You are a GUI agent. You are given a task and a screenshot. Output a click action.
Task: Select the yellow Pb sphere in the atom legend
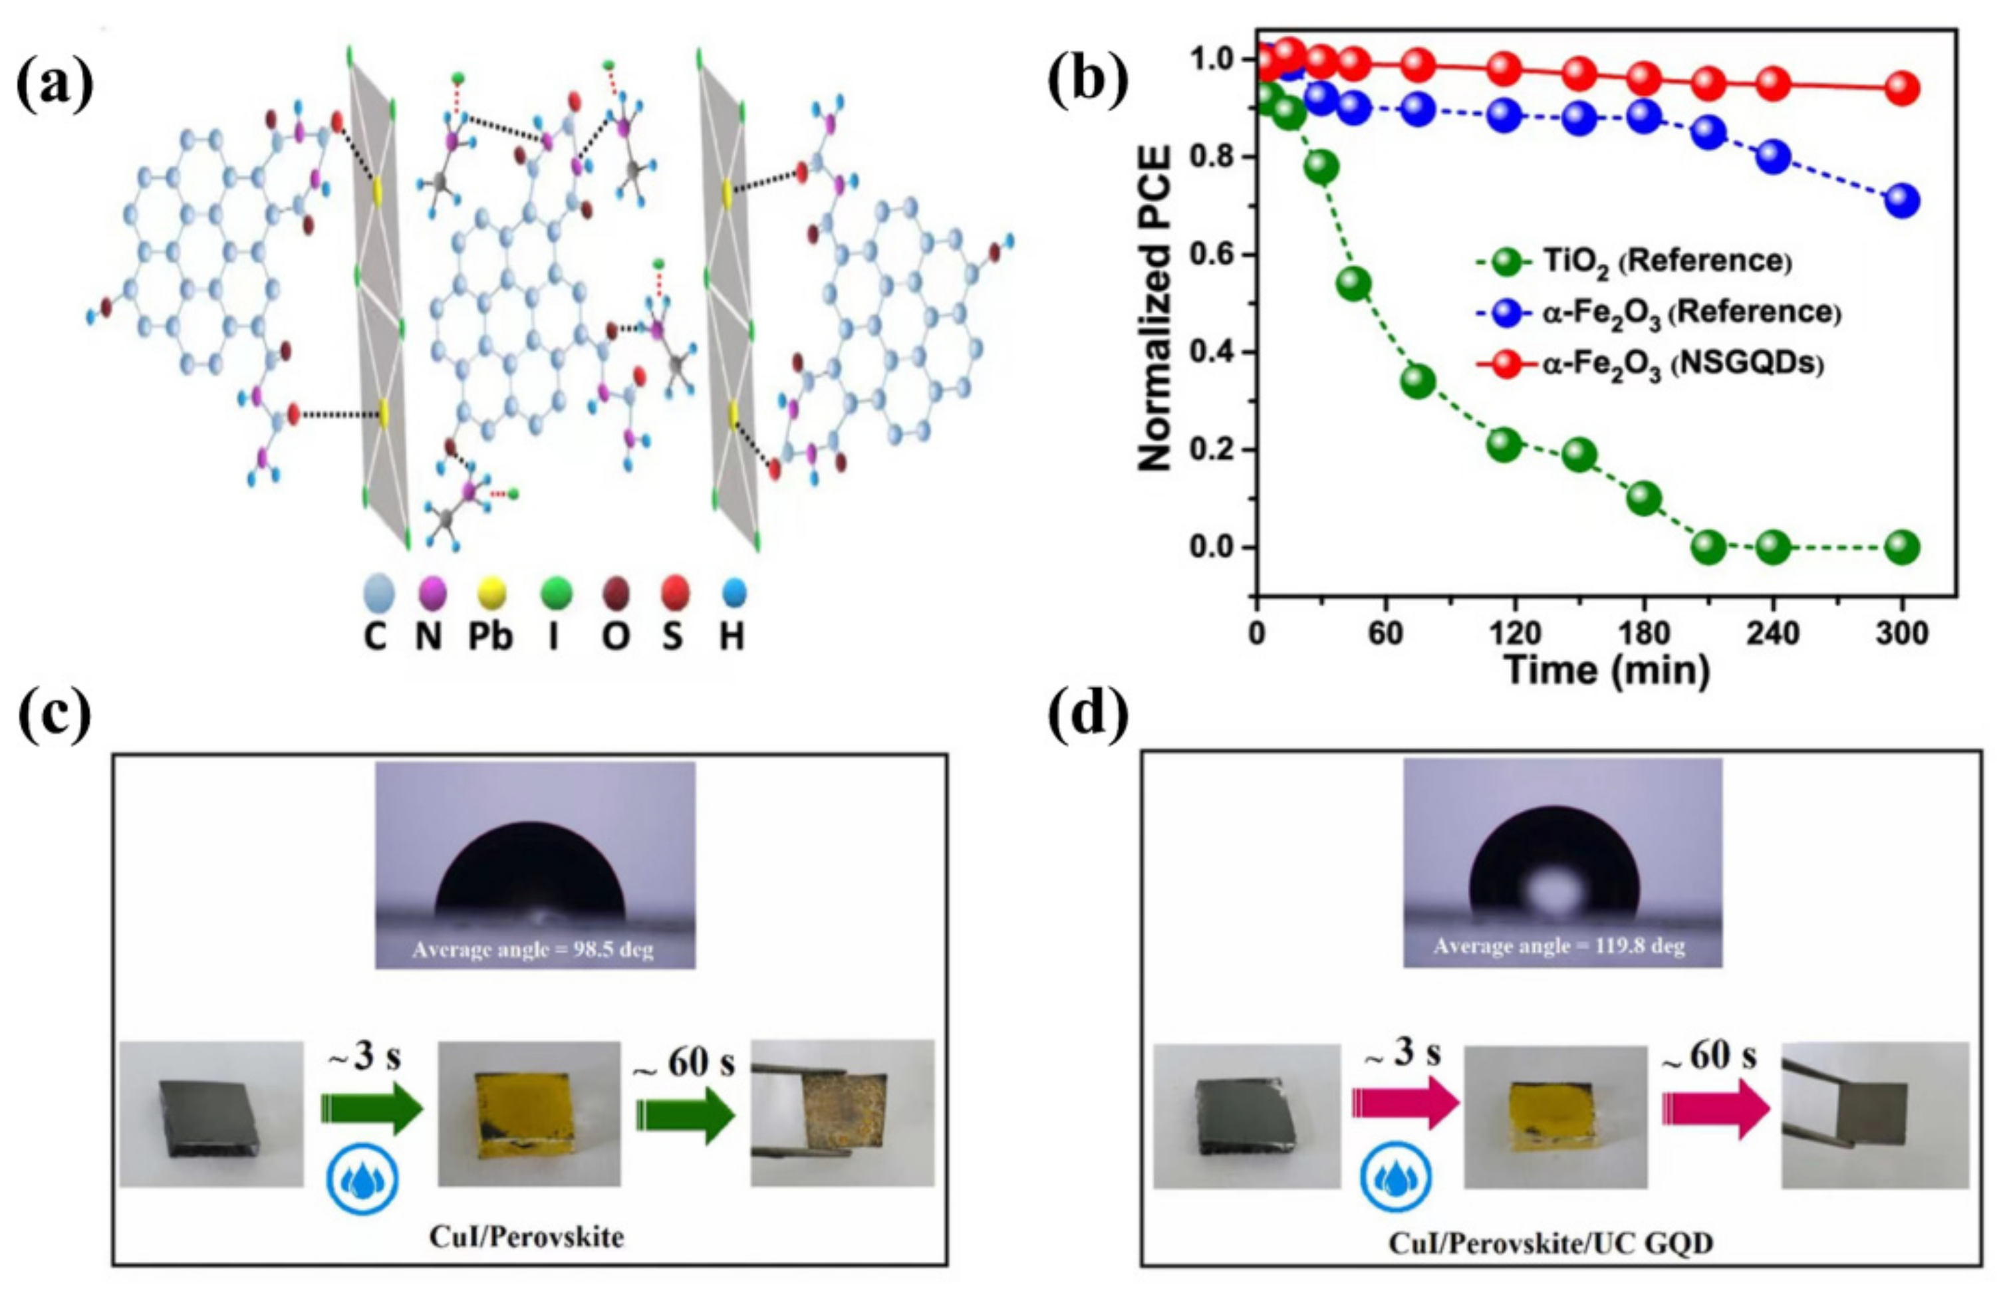pyautogui.click(x=490, y=593)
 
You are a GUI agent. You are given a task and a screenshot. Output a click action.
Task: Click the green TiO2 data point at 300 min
pyautogui.click(x=1902, y=547)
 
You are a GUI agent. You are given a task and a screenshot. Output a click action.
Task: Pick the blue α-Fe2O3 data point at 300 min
pyautogui.click(x=1902, y=201)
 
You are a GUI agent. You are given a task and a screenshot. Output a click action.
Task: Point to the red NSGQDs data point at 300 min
pyautogui.click(x=1902, y=88)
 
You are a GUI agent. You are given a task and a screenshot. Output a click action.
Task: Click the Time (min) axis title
pyautogui.click(x=1607, y=671)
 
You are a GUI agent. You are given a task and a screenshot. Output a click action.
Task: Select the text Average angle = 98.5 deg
pyautogui.click(x=533, y=950)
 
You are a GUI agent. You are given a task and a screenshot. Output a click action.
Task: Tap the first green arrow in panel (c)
pyautogui.click(x=371, y=1111)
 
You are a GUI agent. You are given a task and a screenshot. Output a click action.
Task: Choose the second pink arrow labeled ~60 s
pyautogui.click(x=1716, y=1102)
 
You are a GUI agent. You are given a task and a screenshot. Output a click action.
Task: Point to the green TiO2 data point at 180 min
pyautogui.click(x=1643, y=499)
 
